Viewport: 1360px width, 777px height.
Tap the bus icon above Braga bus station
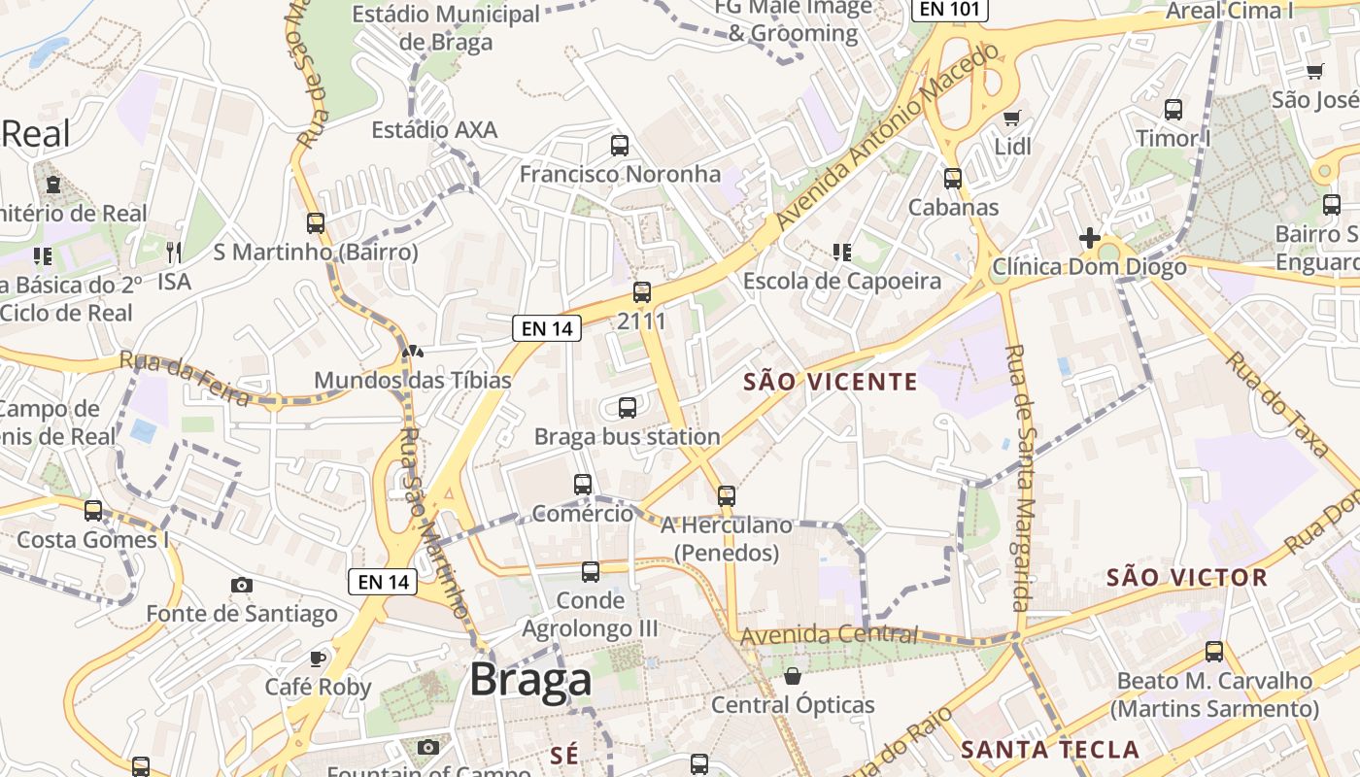(628, 408)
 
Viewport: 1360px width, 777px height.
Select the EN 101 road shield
(950, 10)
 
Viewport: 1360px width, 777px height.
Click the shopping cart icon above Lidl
(1012, 118)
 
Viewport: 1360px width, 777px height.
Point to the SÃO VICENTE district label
(830, 382)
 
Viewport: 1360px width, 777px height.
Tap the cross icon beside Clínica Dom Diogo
(1090, 238)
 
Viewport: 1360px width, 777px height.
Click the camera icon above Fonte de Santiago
(242, 585)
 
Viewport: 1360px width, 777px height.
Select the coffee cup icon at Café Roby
(318, 659)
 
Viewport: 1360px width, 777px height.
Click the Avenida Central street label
(829, 635)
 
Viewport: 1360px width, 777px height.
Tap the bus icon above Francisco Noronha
(620, 146)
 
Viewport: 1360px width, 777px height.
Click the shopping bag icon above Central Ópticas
(793, 676)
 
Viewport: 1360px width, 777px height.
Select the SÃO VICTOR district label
(1187, 578)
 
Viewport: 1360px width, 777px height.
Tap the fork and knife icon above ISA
(174, 253)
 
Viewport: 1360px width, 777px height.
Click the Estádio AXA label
(434, 129)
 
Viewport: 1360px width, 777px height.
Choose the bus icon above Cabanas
(953, 179)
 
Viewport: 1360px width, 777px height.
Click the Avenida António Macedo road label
(887, 136)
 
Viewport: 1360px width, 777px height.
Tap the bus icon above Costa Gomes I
(93, 511)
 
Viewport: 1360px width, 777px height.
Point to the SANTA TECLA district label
(1049, 750)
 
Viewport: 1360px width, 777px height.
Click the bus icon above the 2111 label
(642, 292)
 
